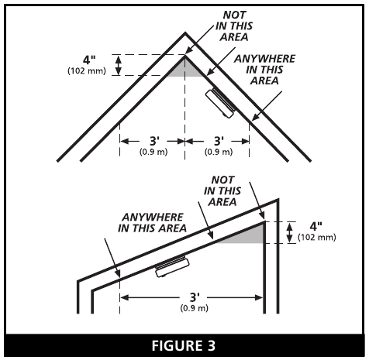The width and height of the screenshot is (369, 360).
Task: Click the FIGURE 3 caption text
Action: (184, 345)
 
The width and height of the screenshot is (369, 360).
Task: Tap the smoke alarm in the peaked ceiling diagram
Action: (221, 103)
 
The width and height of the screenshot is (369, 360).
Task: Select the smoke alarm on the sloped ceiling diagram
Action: (172, 267)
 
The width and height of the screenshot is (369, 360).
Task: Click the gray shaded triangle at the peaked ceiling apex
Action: (185, 69)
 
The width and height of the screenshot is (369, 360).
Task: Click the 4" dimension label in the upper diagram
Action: (89, 60)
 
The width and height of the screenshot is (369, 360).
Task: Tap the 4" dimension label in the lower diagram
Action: (316, 226)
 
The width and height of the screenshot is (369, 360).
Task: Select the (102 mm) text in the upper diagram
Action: (87, 70)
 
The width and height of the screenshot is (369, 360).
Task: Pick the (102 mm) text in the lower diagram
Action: (317, 237)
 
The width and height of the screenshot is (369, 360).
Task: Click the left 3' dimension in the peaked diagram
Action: (154, 141)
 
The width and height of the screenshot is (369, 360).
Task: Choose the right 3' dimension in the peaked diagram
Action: (219, 141)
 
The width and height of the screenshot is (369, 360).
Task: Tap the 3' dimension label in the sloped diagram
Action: (195, 297)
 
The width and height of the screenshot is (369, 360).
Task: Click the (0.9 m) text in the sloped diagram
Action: (195, 308)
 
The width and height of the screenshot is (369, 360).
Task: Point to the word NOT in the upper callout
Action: (234, 15)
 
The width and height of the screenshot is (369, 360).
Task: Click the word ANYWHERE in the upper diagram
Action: (264, 59)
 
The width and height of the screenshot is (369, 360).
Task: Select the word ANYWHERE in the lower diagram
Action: (153, 218)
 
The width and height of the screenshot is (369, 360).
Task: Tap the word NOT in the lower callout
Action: (222, 180)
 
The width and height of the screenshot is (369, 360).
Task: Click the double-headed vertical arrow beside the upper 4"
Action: (119, 65)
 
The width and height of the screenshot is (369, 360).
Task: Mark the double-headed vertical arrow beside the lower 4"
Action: (290, 233)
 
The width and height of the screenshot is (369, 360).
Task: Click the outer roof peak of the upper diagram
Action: (185, 33)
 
